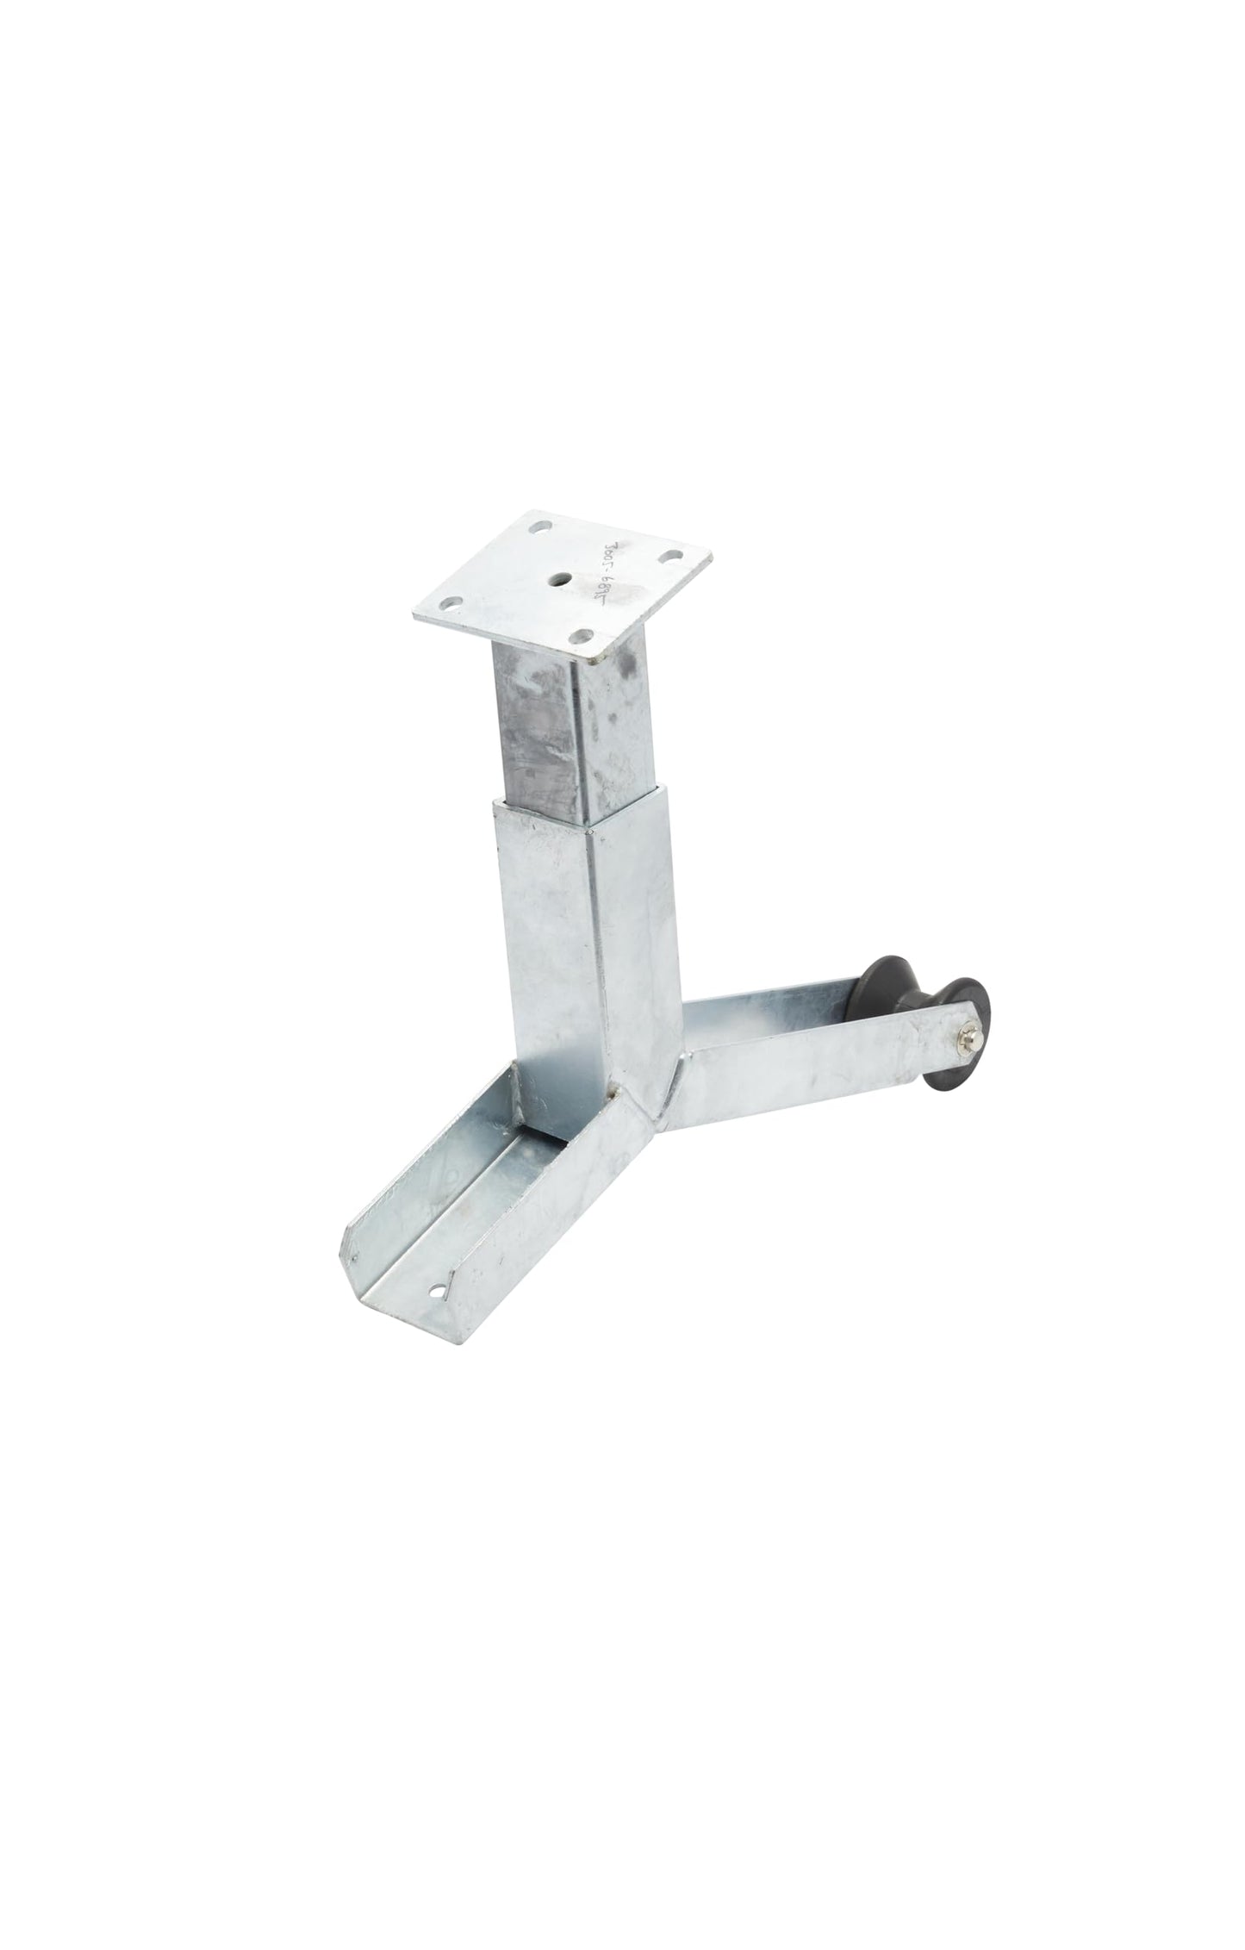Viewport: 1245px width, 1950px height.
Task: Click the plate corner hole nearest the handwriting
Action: point(668,556)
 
